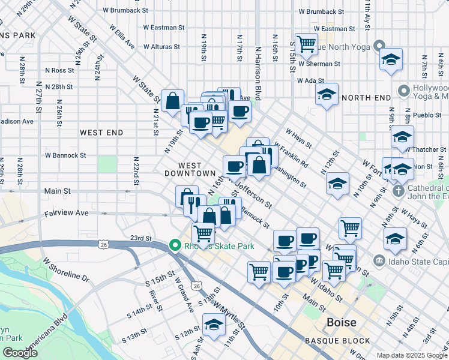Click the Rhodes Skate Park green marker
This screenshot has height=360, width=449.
pos(175,246)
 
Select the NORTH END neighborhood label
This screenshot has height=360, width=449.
pos(366,97)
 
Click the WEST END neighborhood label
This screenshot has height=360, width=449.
pos(101,133)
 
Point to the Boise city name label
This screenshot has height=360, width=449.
pos(341,322)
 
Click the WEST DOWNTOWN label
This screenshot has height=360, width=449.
pos(190,169)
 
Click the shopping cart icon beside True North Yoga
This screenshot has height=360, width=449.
pos(306,43)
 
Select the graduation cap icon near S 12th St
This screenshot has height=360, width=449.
pos(214,325)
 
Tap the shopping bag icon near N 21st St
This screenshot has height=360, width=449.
pos(172,100)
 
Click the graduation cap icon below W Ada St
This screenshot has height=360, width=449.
pos(327,95)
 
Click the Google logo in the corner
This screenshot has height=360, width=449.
pos(20,353)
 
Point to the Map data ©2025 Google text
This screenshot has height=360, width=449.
pos(412,355)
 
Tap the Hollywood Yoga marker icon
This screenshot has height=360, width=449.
pos(403,92)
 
